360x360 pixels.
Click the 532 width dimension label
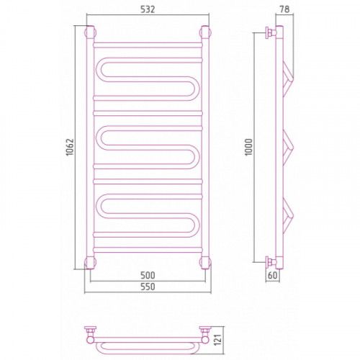point(148,9)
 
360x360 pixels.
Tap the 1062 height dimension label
point(70,147)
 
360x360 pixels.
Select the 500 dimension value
point(148,275)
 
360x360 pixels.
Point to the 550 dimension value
point(148,287)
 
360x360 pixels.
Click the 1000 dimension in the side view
point(248,147)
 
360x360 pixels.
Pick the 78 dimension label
point(284,9)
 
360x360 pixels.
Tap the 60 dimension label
point(272,275)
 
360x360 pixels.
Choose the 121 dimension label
point(218,339)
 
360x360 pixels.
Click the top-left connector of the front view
point(90,32)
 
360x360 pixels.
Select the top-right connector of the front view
point(205,32)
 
